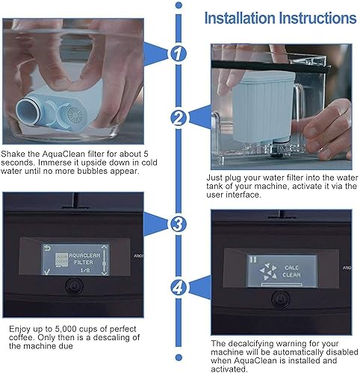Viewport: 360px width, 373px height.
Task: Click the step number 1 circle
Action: tap(177, 54)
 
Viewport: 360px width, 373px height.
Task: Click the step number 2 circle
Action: tap(177, 117)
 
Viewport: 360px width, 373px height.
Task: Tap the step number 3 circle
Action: tap(177, 224)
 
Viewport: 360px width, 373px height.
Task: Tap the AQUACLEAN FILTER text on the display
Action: tap(84, 258)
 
